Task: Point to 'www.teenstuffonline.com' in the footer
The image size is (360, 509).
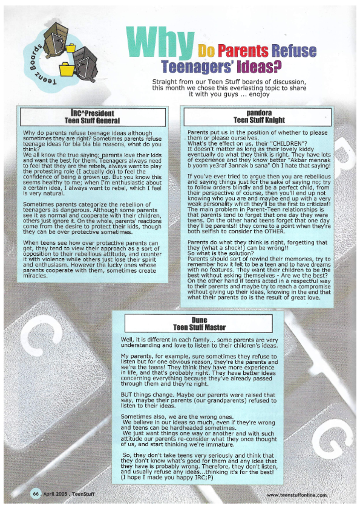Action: click(296, 494)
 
